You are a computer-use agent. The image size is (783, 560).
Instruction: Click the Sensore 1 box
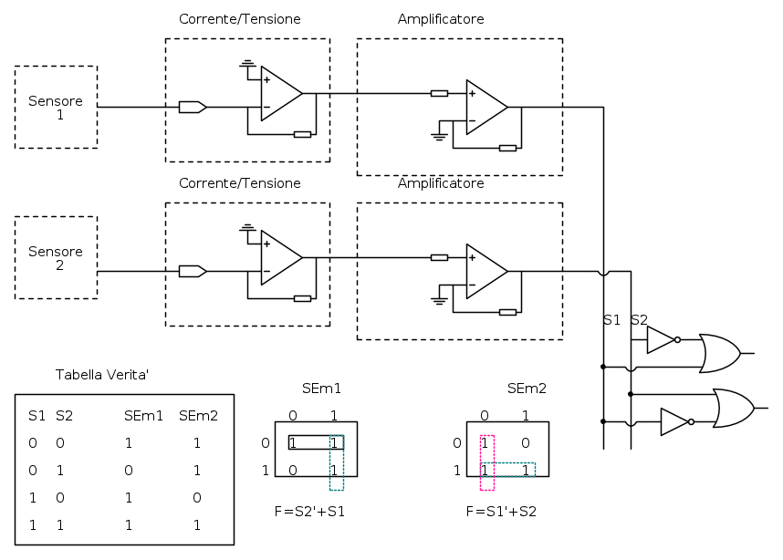(56, 107)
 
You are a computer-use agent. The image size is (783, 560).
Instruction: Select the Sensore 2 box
(56, 257)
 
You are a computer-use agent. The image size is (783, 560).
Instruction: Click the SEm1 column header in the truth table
(143, 416)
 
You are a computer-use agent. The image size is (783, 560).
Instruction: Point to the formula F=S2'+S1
(309, 512)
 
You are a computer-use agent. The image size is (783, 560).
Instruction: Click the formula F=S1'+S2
(501, 512)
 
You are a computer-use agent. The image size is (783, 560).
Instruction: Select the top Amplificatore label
(441, 19)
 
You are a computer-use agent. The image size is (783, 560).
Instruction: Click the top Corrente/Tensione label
(240, 19)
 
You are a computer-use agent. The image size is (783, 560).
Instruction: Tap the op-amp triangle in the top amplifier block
(485, 107)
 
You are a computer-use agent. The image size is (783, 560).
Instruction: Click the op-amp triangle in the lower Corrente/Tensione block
(279, 257)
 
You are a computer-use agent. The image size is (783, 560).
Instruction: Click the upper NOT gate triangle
(660, 340)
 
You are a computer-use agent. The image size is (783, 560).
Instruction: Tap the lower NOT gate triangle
(673, 421)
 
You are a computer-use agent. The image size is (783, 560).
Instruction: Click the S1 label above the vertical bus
(611, 320)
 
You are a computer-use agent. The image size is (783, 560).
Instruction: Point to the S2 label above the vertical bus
(639, 320)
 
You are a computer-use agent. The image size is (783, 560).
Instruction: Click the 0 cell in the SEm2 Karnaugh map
(525, 443)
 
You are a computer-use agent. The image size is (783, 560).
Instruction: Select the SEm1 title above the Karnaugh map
(321, 389)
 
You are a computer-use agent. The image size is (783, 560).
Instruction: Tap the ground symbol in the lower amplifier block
(439, 298)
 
